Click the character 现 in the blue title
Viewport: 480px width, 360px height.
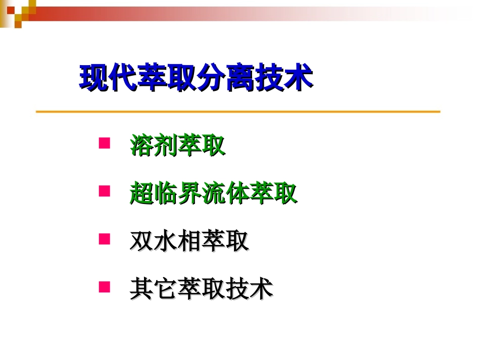coord(95,78)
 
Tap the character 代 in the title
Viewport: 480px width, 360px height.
coord(124,78)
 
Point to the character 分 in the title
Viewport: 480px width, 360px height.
coord(211,78)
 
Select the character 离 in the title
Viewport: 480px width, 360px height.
coord(241,78)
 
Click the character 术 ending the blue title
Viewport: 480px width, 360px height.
coord(299,78)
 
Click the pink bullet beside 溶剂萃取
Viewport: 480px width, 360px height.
coord(104,143)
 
